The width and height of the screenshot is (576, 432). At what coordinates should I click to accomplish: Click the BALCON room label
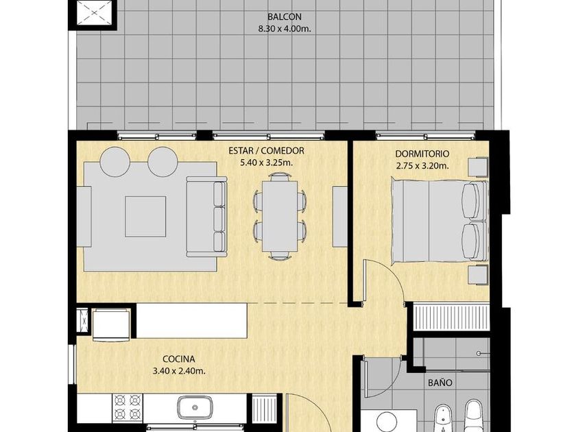(285, 17)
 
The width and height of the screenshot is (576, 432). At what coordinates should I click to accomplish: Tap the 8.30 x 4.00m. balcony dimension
(285, 29)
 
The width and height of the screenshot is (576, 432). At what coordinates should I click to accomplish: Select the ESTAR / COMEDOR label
(266, 151)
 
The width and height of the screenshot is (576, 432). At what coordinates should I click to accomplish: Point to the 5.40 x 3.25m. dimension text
(266, 163)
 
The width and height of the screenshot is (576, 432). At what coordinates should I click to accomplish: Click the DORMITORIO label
(422, 154)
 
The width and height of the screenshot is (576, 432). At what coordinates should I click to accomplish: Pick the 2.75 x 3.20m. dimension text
(422, 166)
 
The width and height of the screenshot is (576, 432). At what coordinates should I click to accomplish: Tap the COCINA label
(179, 359)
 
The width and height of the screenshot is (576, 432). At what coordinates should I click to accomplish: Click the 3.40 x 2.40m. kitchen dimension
(179, 371)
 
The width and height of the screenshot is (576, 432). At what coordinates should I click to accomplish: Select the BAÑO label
(440, 383)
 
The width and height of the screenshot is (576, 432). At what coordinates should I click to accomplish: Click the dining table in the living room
(280, 216)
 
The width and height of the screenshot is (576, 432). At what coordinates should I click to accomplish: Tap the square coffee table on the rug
(145, 217)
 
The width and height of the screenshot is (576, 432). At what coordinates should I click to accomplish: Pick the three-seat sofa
(206, 217)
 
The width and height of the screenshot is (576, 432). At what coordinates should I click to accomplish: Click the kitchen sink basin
(195, 407)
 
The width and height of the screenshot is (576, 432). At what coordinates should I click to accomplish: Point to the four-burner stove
(127, 407)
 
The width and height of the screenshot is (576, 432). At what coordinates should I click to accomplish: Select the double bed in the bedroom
(440, 220)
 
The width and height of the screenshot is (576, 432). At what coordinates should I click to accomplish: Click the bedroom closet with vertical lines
(451, 316)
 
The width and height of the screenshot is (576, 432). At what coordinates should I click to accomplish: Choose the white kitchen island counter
(191, 321)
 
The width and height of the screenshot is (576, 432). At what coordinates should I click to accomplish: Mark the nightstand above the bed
(478, 167)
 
